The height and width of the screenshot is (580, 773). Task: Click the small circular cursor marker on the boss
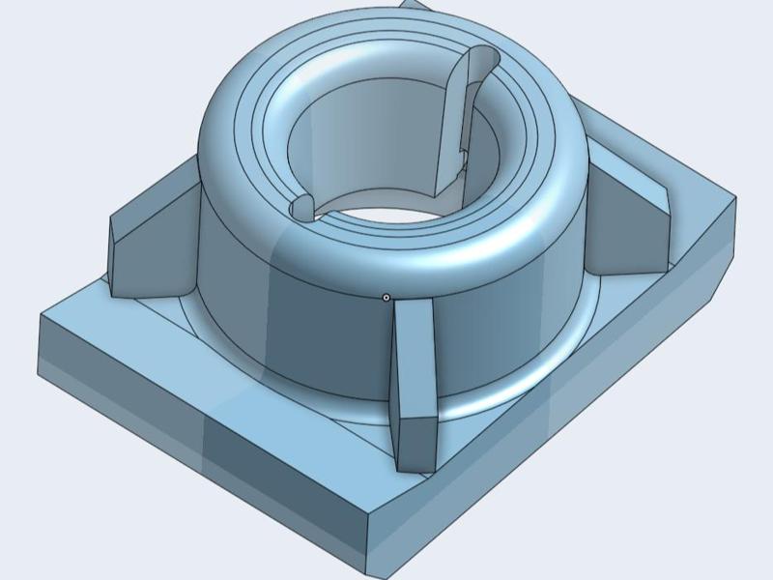[x=386, y=298]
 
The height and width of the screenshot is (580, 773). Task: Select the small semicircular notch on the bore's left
[x=302, y=205]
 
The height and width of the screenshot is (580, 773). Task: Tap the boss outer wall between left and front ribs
[x=290, y=329]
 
